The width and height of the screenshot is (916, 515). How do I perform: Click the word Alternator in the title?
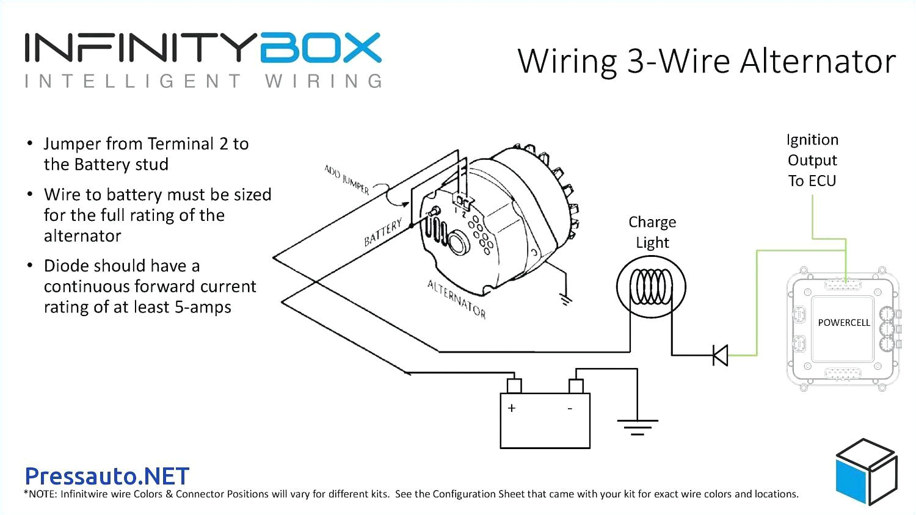(818, 62)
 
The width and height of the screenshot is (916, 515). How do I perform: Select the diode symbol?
(721, 355)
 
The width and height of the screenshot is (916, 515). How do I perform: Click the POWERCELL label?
(844, 322)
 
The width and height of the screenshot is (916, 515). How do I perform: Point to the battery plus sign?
(512, 408)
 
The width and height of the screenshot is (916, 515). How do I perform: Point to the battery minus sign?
(570, 408)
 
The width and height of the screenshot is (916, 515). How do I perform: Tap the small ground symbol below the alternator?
(565, 299)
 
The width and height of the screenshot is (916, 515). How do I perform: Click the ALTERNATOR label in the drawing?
(456, 300)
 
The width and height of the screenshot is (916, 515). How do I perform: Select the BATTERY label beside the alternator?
(383, 232)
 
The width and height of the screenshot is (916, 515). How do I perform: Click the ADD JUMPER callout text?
(347, 179)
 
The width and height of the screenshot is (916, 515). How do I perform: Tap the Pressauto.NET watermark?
(107, 476)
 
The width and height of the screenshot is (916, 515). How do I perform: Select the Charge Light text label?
(652, 232)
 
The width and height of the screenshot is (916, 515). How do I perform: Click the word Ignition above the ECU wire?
(812, 140)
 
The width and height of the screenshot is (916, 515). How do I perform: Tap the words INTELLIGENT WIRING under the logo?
(204, 81)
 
